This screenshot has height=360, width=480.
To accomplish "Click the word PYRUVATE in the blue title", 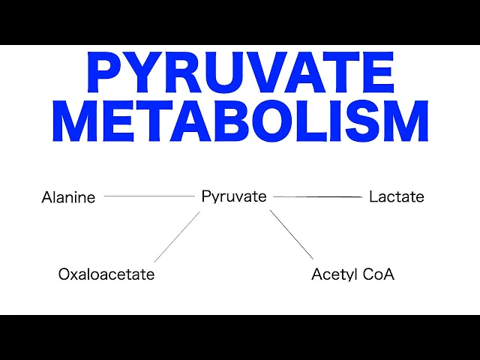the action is pos(240,73).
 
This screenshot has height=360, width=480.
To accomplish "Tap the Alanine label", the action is pos(68,198).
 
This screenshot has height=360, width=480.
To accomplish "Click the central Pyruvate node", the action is pos(234,196).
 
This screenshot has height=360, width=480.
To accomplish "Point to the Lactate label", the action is pos(397,197).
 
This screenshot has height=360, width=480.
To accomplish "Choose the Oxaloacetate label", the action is pos(106,274).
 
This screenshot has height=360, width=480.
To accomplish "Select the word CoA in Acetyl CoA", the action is pos(379,274).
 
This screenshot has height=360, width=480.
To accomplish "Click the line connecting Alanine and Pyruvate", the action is pos(148,196).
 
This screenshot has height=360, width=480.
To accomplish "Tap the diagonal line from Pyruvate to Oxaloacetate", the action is pos(177,237).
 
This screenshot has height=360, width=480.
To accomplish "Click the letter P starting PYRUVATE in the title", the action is pos(104,73).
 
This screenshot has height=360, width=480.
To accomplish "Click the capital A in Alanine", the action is pos(46,198).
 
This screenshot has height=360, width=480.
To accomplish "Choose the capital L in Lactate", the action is pos(373,197).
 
